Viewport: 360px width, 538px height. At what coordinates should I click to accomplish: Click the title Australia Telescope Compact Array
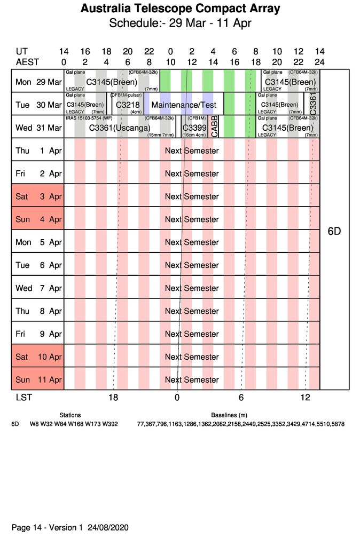180,9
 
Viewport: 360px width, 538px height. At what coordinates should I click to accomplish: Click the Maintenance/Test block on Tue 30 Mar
187,105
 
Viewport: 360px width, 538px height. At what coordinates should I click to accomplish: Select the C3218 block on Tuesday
128,105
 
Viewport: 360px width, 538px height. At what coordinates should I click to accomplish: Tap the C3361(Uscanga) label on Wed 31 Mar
120,128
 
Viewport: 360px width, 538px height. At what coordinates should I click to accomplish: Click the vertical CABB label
214,126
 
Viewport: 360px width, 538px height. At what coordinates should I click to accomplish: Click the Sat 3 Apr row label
38,196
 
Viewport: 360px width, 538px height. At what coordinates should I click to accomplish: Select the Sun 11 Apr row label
38,380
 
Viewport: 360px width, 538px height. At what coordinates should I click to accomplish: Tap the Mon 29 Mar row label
38,82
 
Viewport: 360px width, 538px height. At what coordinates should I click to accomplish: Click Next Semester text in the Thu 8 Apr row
192,311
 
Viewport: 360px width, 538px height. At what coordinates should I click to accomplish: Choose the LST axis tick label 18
113,397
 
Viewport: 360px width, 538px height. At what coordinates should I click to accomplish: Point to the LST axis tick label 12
305,397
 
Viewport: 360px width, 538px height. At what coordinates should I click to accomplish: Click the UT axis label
21,52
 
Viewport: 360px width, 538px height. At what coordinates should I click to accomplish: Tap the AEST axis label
27,62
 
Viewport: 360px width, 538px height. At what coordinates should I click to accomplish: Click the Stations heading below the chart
70,415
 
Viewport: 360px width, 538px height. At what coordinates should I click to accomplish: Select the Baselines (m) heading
229,415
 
